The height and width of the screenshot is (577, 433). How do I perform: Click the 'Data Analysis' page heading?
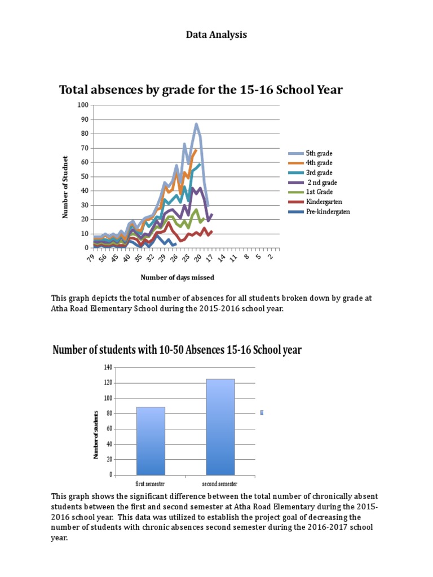(x=216, y=35)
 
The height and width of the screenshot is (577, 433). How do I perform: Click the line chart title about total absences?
(x=201, y=90)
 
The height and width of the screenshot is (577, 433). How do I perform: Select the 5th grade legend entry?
(x=319, y=153)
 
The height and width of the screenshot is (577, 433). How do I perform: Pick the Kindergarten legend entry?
(x=324, y=201)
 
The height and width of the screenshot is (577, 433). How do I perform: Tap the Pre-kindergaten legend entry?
(x=327, y=211)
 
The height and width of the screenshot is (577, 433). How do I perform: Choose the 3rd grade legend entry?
(x=319, y=172)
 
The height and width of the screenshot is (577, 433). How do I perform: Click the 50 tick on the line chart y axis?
(x=85, y=177)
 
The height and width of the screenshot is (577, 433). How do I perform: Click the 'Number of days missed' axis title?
(x=177, y=278)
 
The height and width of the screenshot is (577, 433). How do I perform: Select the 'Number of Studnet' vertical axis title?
(x=65, y=187)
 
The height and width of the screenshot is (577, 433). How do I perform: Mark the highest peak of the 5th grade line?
(x=196, y=124)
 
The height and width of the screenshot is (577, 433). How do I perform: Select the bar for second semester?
(x=220, y=427)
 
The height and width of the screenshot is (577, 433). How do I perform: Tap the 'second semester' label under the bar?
(x=220, y=484)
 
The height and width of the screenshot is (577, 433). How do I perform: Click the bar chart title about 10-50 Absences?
(x=177, y=350)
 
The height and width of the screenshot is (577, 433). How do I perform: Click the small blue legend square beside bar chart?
(x=262, y=413)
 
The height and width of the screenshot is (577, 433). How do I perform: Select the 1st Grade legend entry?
(x=319, y=192)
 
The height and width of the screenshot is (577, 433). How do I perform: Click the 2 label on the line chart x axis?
(x=271, y=256)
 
